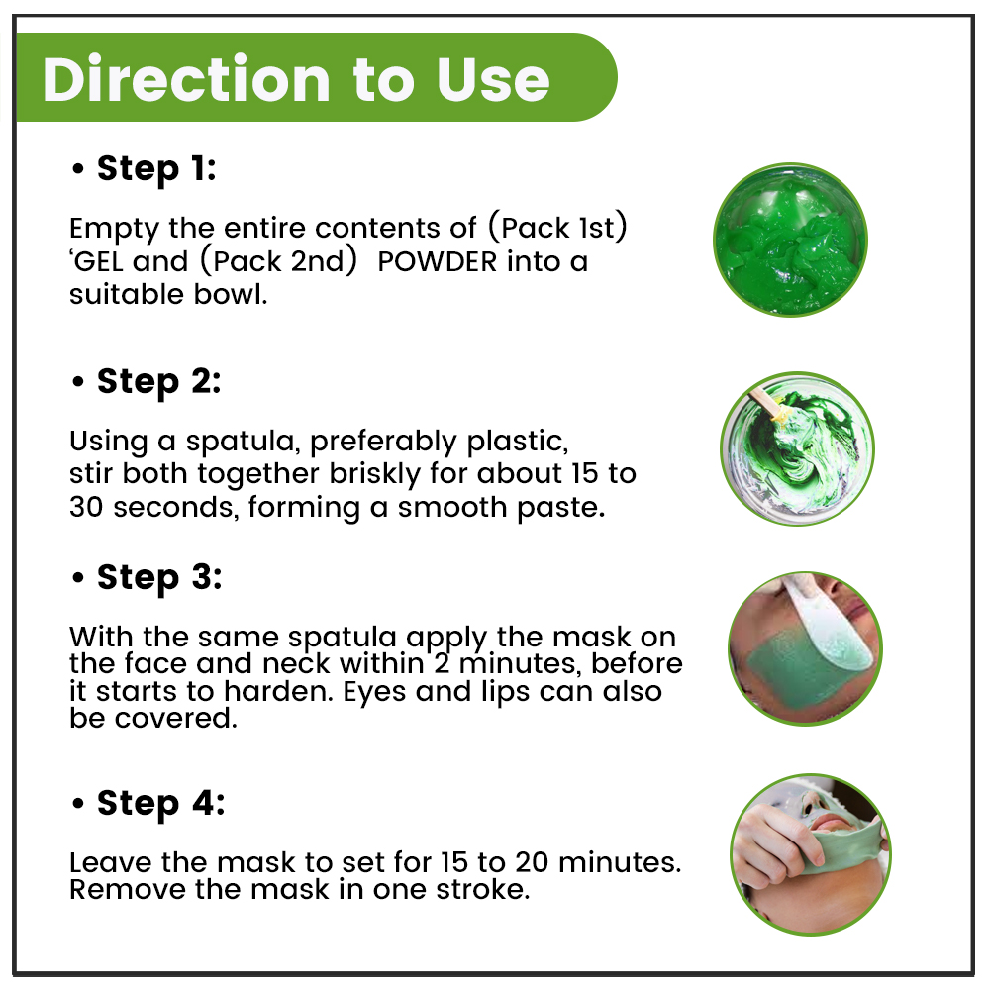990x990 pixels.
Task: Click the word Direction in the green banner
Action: coord(186,79)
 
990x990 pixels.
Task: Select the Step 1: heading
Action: coord(156,169)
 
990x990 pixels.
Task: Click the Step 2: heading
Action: coord(158,382)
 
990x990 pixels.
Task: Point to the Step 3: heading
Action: coord(159,578)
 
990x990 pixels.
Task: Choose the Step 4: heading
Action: coord(160,804)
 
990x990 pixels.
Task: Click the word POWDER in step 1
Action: coord(437,261)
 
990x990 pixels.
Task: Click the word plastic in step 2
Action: coord(517,442)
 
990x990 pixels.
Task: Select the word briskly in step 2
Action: coord(374,474)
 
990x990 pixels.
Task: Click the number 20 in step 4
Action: coord(533,862)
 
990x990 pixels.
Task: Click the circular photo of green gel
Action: coord(790,240)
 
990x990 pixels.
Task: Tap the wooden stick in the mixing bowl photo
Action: coord(767,404)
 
